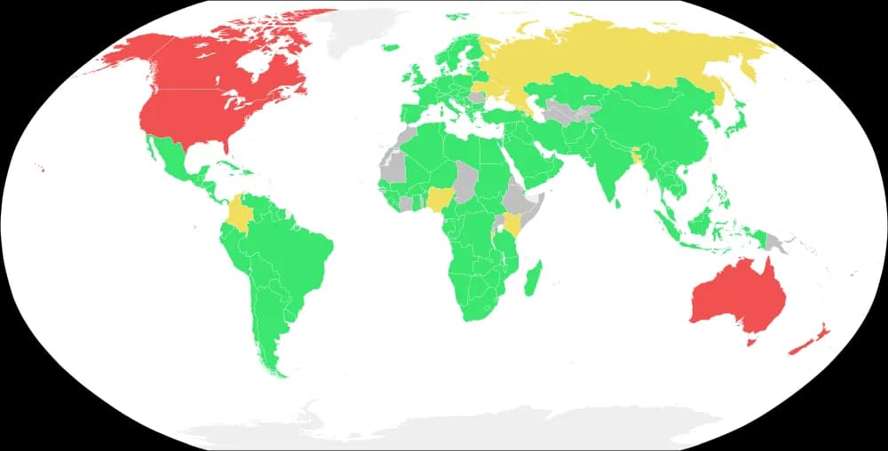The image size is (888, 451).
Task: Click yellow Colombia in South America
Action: pos(239,214)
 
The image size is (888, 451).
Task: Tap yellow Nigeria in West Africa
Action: pos(439,200)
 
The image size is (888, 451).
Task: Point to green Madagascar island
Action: pos(533,279)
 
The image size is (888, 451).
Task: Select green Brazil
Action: pos(293,257)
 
